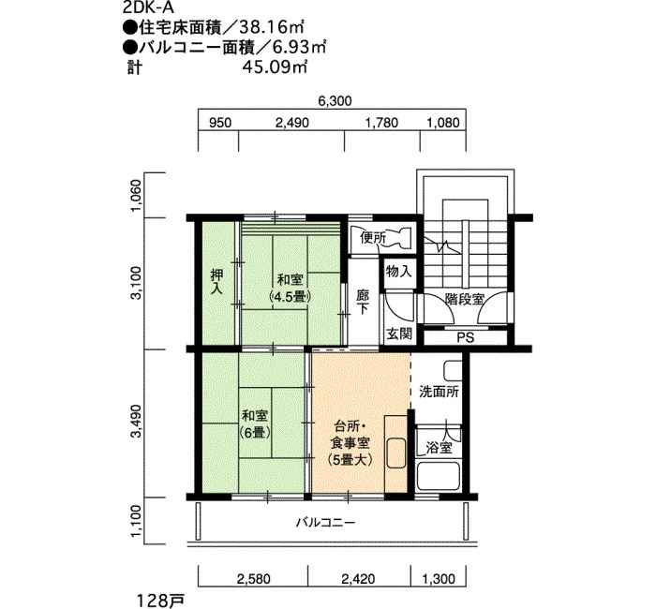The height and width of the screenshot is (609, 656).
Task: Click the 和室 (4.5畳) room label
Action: pyautogui.click(x=291, y=288)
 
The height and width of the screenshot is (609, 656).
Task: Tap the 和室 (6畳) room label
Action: pyautogui.click(x=255, y=423)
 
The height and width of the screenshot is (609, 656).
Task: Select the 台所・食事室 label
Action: pyautogui.click(x=350, y=443)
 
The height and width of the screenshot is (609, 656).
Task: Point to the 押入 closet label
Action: pyautogui.click(x=216, y=281)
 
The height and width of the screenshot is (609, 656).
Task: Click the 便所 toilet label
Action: pyautogui.click(x=373, y=238)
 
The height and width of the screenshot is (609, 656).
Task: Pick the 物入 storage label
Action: pyautogui.click(x=398, y=272)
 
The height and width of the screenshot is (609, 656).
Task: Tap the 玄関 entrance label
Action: pyautogui.click(x=399, y=334)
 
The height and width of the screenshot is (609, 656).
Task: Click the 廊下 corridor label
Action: pyautogui.click(x=363, y=303)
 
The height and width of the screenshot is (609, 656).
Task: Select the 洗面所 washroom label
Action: pyautogui.click(x=439, y=392)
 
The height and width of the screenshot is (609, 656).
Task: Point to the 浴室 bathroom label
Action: pyautogui.click(x=439, y=448)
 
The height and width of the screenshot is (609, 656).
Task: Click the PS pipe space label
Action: pyautogui.click(x=466, y=337)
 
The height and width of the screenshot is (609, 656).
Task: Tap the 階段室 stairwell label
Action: pyautogui.click(x=465, y=299)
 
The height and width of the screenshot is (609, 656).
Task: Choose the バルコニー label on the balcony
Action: pyautogui.click(x=326, y=523)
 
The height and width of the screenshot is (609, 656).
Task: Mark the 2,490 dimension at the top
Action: pyautogui.click(x=292, y=123)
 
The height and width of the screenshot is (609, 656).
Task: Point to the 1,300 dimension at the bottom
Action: pyautogui.click(x=439, y=579)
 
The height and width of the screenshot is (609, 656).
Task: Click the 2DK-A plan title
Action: pyautogui.click(x=142, y=7)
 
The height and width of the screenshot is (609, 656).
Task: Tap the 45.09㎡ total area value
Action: pyautogui.click(x=275, y=67)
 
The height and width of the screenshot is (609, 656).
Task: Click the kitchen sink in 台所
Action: pyautogui.click(x=396, y=453)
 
